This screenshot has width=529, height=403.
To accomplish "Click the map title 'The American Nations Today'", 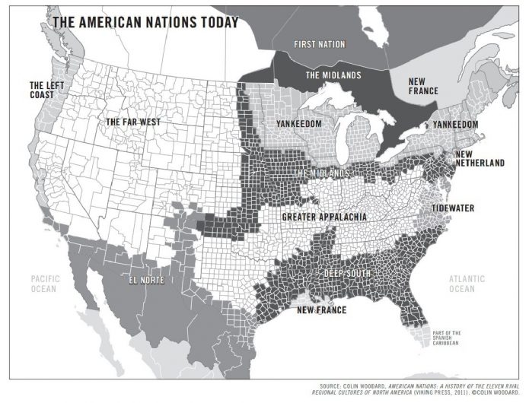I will [x=145, y=21].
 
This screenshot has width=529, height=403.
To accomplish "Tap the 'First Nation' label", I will [x=320, y=44].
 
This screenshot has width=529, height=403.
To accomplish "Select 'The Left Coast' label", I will [x=47, y=90].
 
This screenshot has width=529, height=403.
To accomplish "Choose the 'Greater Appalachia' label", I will [x=324, y=217].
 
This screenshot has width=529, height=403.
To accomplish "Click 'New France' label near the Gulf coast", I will [x=321, y=310].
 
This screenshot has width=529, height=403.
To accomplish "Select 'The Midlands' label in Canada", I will [x=333, y=76].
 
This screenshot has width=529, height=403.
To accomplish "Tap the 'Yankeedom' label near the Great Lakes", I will [x=298, y=123].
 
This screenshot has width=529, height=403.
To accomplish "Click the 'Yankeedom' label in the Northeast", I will [x=455, y=125].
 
